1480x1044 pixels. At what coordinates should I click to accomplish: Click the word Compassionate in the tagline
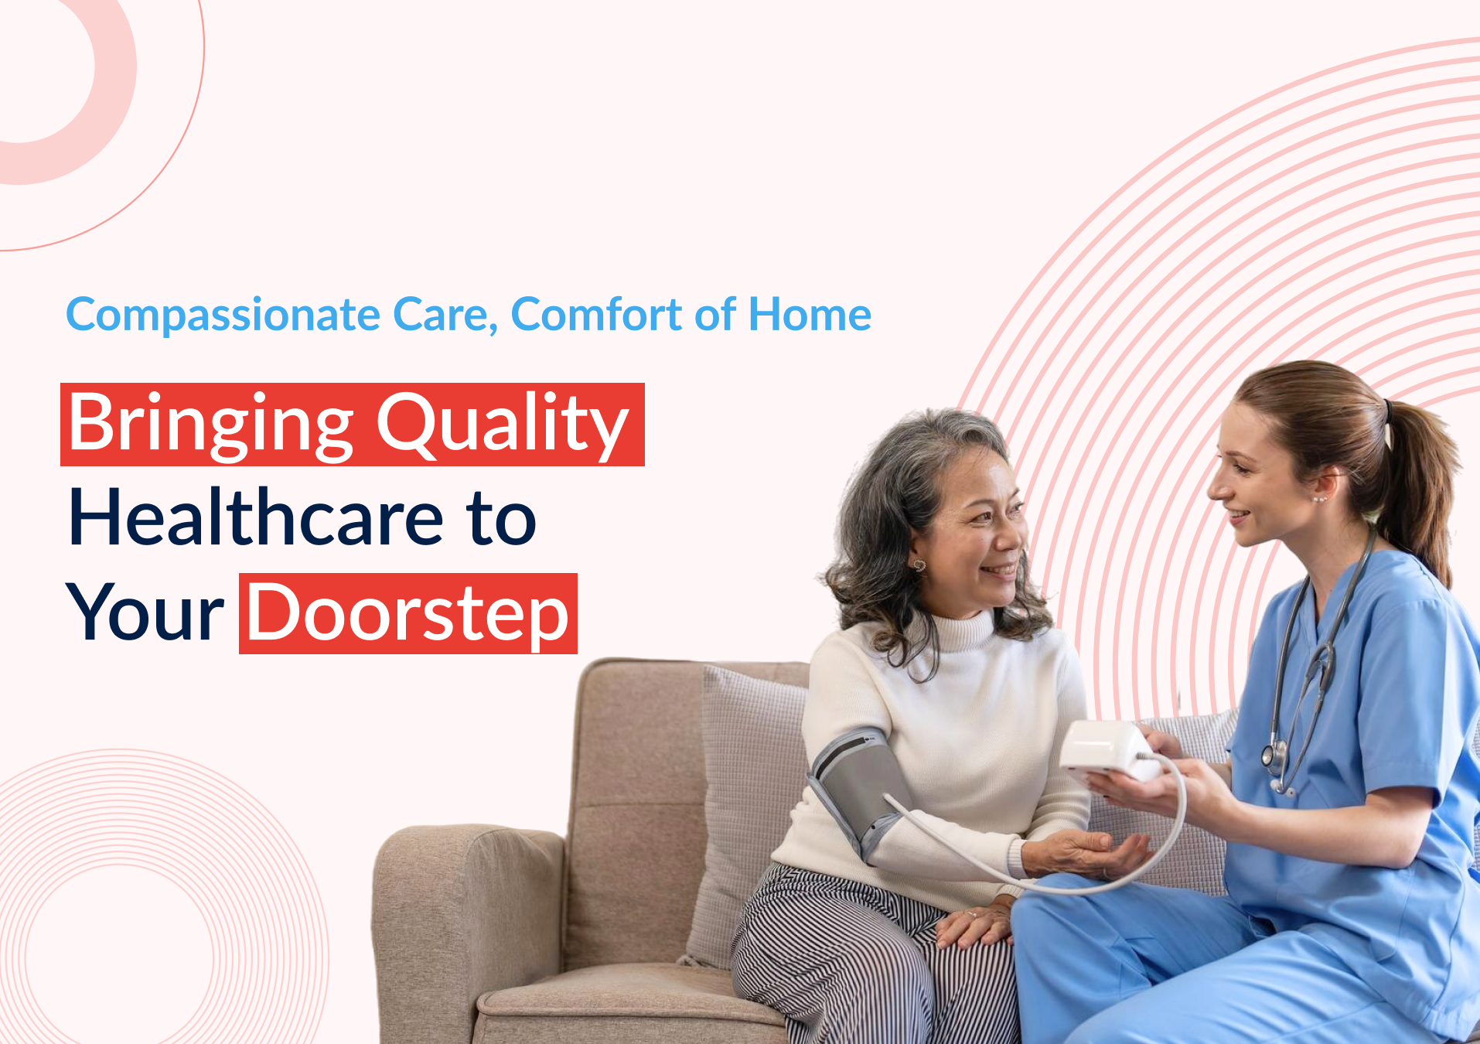click(223, 316)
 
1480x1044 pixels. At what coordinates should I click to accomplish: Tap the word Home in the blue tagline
click(810, 314)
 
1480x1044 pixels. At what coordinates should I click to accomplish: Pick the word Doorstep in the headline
click(408, 614)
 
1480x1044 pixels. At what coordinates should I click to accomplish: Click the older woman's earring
click(919, 565)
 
